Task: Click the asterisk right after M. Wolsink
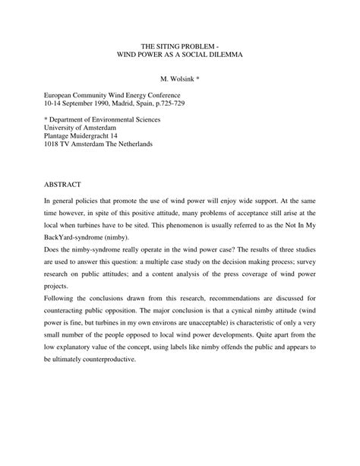[x=206, y=78]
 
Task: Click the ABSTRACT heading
[x=68, y=184]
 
